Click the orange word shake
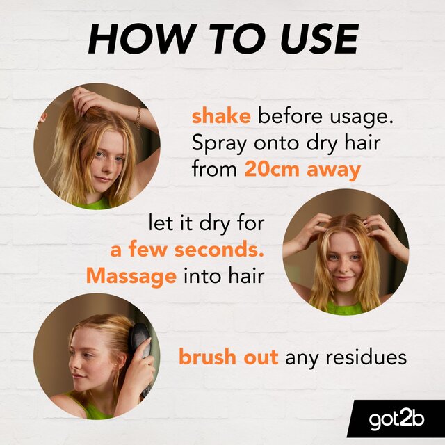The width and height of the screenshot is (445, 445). click(220, 116)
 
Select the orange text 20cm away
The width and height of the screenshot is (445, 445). click(302, 170)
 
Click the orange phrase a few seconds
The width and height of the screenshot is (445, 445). click(186, 250)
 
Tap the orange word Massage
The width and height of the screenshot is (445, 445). click(131, 276)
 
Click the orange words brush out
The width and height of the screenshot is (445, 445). click(229, 357)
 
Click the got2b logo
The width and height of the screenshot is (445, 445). click(396, 421)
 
